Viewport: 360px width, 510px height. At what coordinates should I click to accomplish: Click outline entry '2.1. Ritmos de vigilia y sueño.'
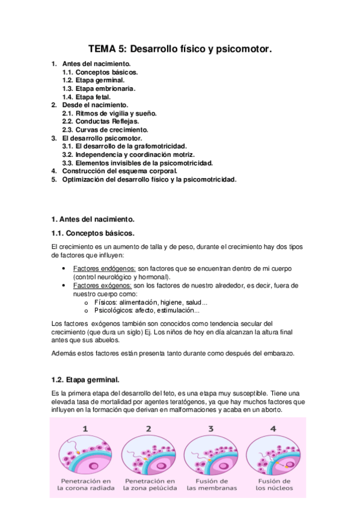tap(109, 112)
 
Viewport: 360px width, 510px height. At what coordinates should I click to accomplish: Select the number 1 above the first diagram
tap(85, 429)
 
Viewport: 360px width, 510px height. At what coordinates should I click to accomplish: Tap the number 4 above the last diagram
tap(273, 429)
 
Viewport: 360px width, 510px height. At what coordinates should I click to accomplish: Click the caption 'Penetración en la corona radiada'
tap(85, 485)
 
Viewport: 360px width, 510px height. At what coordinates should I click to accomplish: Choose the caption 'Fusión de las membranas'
tap(211, 485)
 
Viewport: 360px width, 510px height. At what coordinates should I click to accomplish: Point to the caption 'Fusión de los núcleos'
tap(273, 485)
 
